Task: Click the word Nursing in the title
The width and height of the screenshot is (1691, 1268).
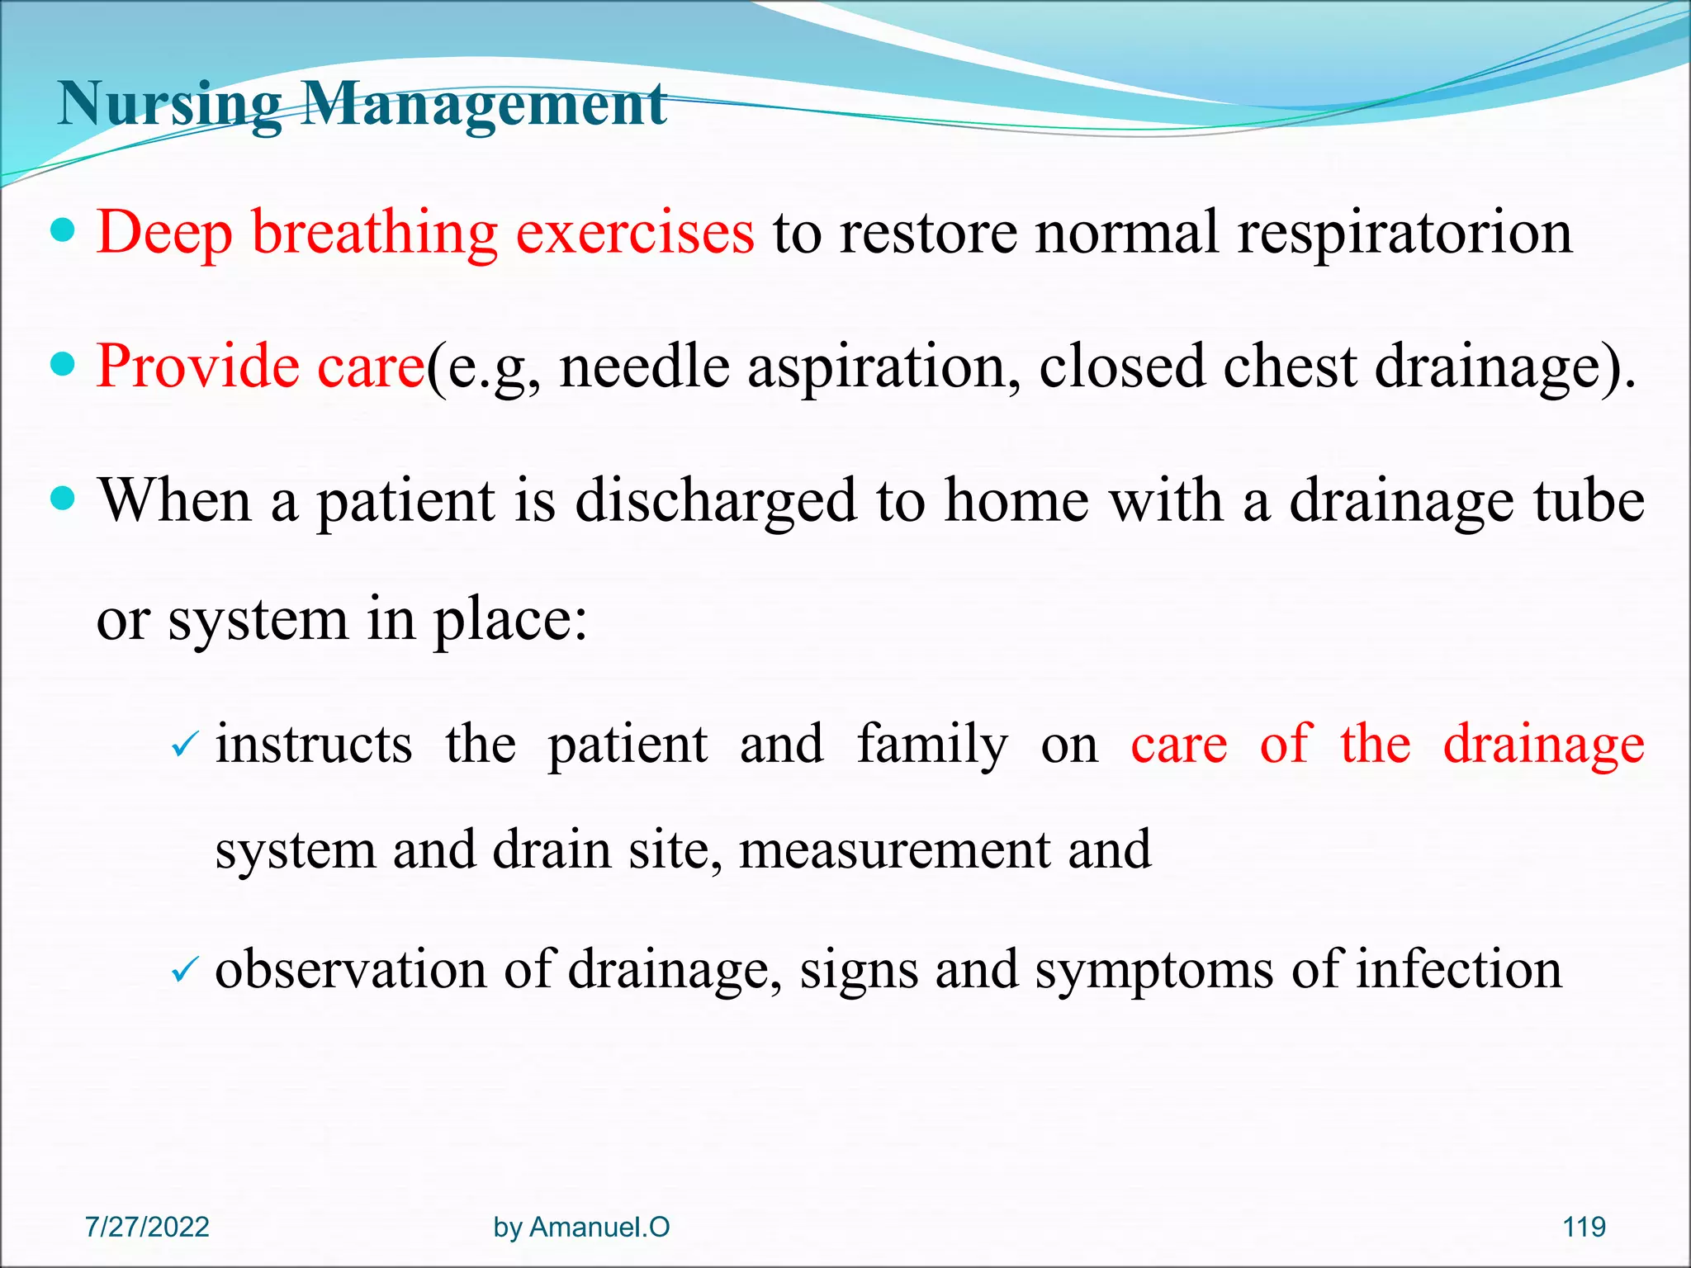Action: (x=169, y=105)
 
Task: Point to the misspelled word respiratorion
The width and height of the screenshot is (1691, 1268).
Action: (x=1404, y=234)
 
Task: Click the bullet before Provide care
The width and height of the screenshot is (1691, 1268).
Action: (x=63, y=363)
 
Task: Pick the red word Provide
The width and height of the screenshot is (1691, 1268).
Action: (x=197, y=366)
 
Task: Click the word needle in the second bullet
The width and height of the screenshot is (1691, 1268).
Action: (x=644, y=366)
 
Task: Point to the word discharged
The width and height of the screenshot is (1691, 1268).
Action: (x=715, y=501)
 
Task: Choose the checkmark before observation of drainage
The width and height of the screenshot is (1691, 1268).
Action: (x=183, y=970)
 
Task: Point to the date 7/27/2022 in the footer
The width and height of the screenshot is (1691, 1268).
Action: (x=147, y=1227)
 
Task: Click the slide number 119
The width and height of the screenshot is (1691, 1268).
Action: (x=1584, y=1227)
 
